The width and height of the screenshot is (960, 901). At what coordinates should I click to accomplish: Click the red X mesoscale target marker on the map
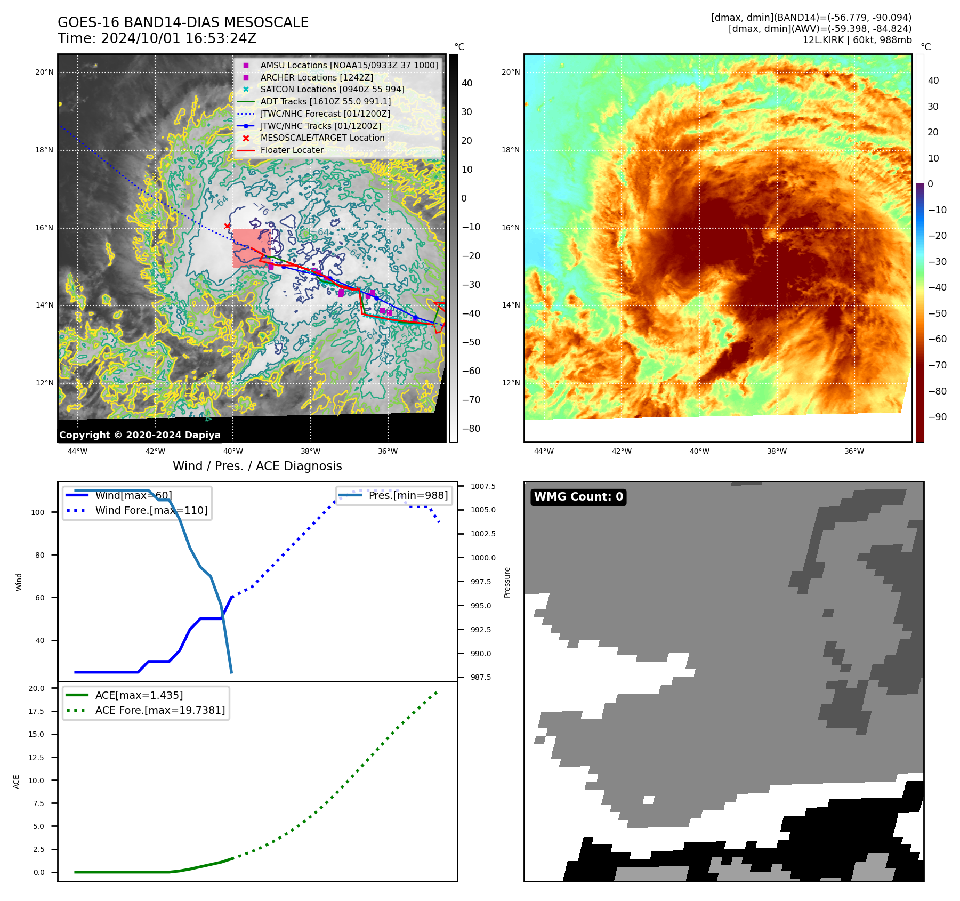[228, 226]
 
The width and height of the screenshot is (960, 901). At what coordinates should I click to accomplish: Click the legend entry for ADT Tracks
[325, 101]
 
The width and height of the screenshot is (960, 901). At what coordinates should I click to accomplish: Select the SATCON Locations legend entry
[332, 89]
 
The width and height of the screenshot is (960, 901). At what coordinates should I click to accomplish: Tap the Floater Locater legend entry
[292, 150]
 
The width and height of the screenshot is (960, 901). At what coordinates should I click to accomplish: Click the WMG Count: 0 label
[578, 497]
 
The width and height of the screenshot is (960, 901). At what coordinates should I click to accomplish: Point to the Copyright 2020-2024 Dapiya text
[140, 435]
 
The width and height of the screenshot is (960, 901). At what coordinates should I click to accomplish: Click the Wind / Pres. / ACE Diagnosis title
[257, 466]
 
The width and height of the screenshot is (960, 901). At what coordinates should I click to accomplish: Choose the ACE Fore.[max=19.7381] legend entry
[160, 710]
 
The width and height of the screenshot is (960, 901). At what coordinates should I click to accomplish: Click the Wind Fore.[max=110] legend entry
[151, 510]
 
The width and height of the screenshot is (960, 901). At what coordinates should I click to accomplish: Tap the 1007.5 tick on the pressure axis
[483, 486]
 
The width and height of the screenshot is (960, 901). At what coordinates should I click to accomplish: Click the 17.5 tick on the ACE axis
[37, 711]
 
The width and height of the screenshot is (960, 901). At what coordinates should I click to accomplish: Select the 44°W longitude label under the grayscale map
[78, 451]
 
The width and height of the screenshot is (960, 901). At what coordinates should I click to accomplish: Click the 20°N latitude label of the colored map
[511, 73]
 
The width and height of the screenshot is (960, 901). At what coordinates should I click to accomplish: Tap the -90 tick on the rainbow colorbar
[938, 417]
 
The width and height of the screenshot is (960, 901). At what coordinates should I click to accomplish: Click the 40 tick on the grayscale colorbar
[467, 83]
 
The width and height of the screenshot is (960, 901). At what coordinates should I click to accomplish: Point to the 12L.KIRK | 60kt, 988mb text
[857, 40]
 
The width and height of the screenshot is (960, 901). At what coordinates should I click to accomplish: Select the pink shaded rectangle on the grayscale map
[251, 247]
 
